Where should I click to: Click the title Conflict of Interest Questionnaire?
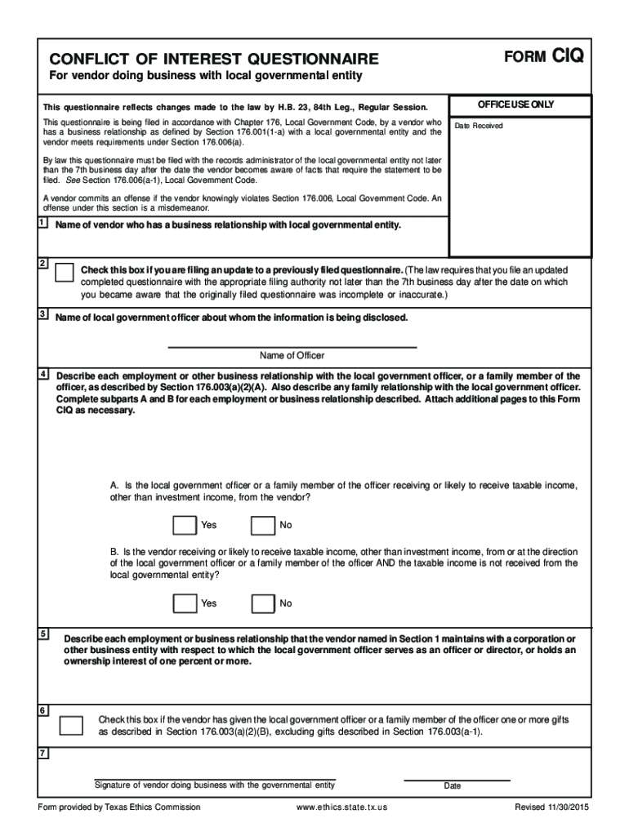point(214,59)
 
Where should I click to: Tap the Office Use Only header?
point(520,104)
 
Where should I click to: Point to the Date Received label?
point(479,126)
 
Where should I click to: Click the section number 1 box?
point(42,224)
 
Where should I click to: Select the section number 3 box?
point(42,314)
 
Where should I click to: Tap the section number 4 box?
point(42,373)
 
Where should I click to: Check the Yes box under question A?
point(185,525)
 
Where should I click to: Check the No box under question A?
point(263,525)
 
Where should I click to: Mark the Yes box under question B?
point(185,603)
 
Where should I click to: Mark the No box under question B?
point(263,603)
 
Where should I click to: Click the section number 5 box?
point(42,634)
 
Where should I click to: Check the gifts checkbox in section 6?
point(72,725)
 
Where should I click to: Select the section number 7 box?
point(42,753)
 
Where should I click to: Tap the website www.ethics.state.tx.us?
point(342,807)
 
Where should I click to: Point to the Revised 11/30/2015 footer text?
point(551,807)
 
